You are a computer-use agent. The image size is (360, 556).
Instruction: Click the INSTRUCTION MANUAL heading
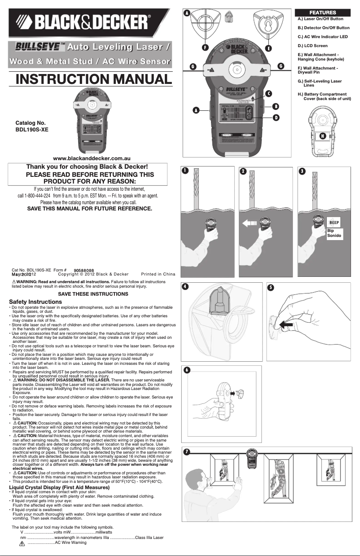point(94,79)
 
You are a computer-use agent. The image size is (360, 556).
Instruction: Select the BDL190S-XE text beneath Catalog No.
point(32,129)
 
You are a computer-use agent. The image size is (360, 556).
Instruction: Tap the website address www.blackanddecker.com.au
point(92,158)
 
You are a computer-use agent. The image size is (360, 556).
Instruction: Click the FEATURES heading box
point(321,13)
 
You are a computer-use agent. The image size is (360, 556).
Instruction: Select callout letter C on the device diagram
point(268,93)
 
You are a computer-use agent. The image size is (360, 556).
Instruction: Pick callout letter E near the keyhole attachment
point(268,48)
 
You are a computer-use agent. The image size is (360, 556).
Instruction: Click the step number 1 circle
point(185,171)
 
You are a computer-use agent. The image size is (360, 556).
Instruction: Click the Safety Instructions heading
point(35,302)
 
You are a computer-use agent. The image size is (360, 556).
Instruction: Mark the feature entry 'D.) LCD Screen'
point(313,46)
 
